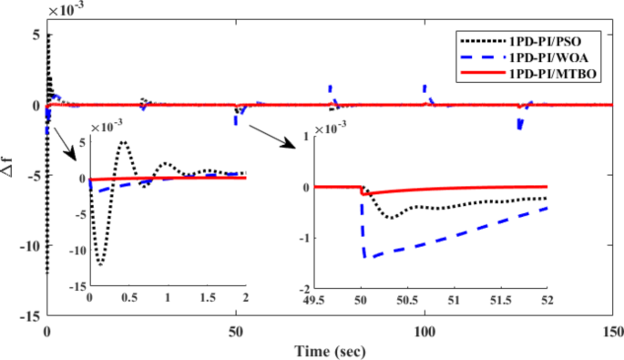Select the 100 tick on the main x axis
pyautogui.click(x=425, y=334)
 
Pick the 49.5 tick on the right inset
pyautogui.click(x=314, y=298)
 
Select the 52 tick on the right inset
pyautogui.click(x=547, y=298)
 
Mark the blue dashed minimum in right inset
pyautogui.click(x=364, y=257)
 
